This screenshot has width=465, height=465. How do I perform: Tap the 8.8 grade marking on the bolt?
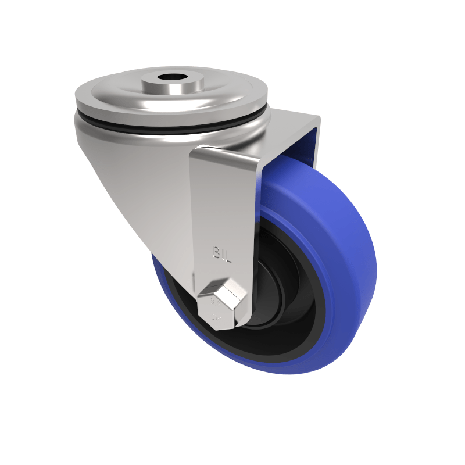213,302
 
